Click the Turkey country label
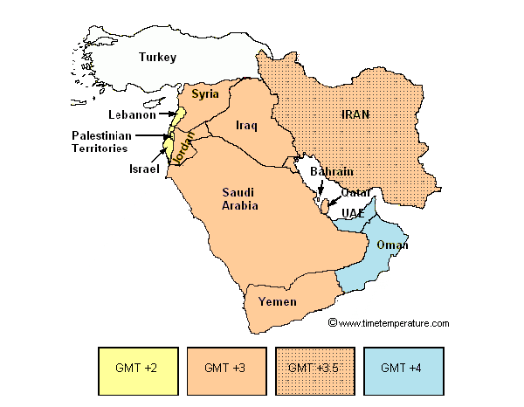coord(157,58)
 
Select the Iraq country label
coord(246,126)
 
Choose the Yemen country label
coord(279,302)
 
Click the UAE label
coord(354,213)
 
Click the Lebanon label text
coord(132,114)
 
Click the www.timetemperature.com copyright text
coord(389,323)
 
